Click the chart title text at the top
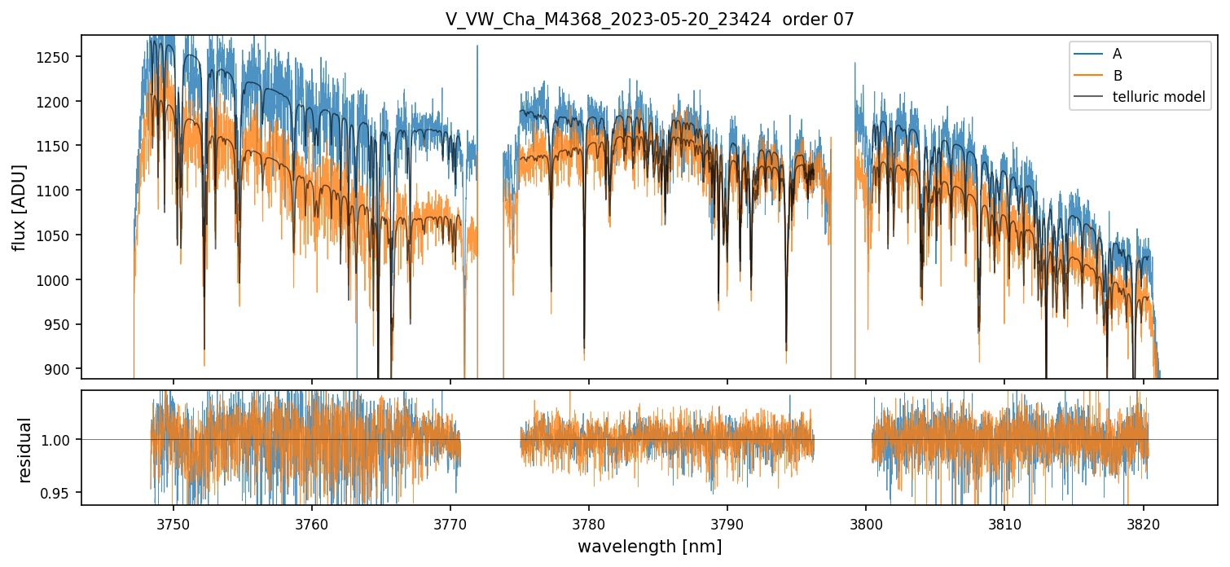649,20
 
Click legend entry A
1117,54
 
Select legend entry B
1118,76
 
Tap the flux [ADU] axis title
19,207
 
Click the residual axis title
25,450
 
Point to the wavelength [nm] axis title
649,547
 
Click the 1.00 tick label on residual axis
59,440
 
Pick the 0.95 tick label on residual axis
59,493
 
